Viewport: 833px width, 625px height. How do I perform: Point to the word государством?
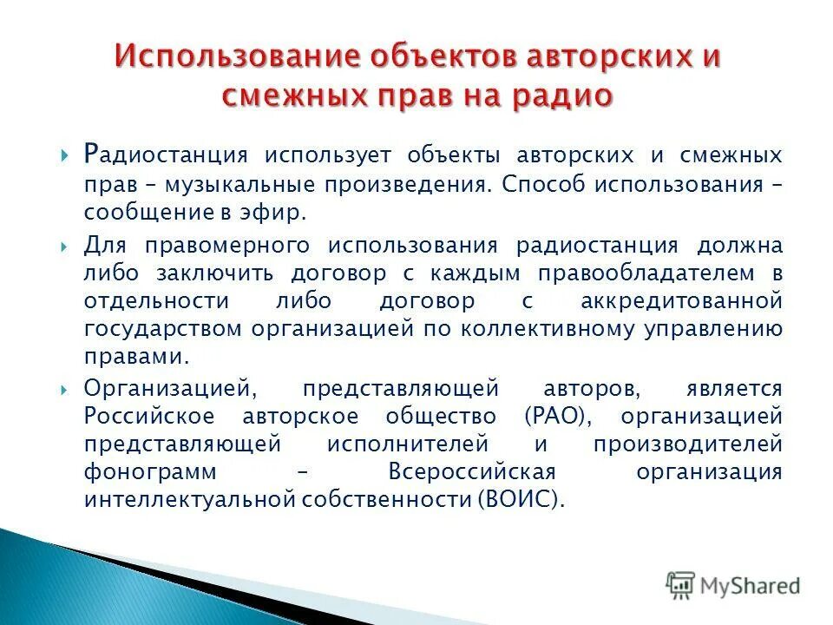tap(164, 330)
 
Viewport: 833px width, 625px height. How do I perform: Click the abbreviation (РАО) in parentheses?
tap(558, 415)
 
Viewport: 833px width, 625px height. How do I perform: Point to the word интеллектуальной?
tap(190, 500)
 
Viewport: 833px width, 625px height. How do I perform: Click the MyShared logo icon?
tap(681, 585)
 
